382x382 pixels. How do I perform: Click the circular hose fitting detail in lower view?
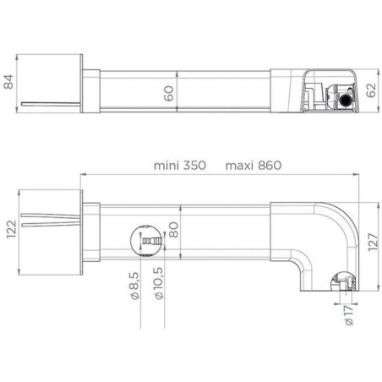(146, 243)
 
